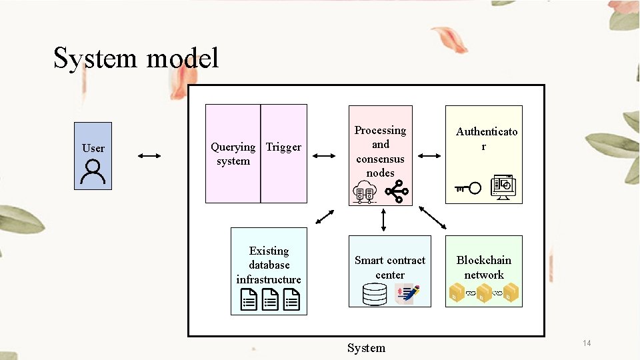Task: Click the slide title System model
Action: click(136, 59)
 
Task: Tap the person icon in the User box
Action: click(92, 171)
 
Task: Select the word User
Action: click(93, 148)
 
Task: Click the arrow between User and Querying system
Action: click(149, 156)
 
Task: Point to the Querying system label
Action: click(233, 154)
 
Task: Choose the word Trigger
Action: click(283, 147)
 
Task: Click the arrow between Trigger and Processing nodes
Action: click(324, 156)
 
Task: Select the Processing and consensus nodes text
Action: click(380, 151)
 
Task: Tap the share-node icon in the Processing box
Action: click(397, 193)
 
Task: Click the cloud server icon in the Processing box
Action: click(364, 193)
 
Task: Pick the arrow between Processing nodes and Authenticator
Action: click(429, 156)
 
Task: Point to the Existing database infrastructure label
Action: click(269, 265)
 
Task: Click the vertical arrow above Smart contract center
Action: click(384, 219)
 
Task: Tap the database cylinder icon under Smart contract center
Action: click(374, 294)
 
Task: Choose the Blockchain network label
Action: click(484, 267)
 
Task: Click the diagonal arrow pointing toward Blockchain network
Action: click(433, 217)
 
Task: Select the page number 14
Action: click(587, 343)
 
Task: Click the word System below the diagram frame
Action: click(366, 348)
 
